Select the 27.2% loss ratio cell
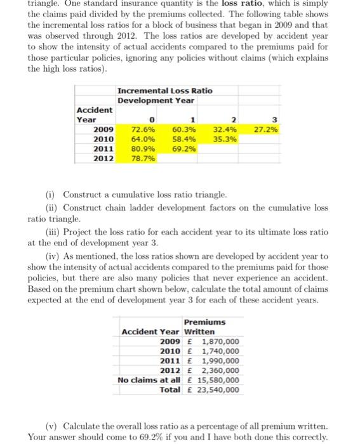point(265,129)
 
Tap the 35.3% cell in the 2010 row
point(225,139)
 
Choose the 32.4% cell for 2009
point(225,129)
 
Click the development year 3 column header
point(274,119)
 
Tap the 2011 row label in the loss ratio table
point(103,149)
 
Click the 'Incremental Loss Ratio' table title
point(165,91)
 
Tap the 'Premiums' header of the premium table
point(204,322)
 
